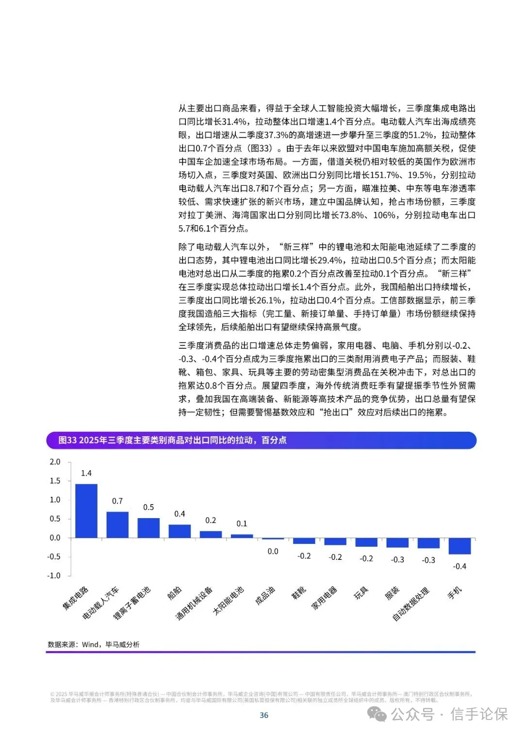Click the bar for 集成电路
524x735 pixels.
[86, 510]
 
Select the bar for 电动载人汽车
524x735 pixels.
[117, 524]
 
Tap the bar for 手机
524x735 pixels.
[459, 546]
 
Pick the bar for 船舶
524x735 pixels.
[180, 531]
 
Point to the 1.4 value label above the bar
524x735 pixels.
[86, 473]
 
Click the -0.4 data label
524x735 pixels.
[459, 566]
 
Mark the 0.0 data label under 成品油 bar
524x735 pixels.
[273, 551]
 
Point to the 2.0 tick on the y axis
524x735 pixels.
[55, 462]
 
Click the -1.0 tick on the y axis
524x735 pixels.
[54, 575]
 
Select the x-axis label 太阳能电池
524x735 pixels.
[229, 601]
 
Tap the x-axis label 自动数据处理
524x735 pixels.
[411, 604]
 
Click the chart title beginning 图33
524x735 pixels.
[172, 440]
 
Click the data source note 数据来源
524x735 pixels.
[94, 644]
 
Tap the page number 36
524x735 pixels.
[264, 715]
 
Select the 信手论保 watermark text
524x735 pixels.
[479, 714]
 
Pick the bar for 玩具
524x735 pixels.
[366, 542]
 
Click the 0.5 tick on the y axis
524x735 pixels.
[55, 519]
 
